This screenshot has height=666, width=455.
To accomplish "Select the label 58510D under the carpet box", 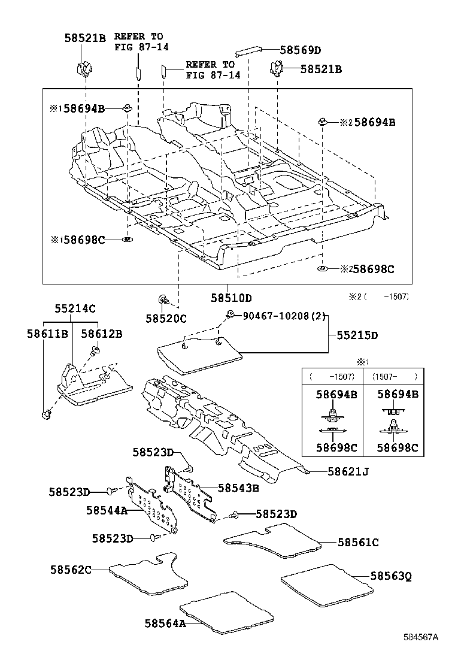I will tap(231, 298).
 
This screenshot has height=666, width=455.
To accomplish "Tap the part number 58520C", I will tap(166, 319).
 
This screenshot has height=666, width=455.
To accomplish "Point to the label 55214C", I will tap(75, 308).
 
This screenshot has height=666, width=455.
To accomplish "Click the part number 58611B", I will tap(46, 334).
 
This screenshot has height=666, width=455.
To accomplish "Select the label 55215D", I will tap(357, 335).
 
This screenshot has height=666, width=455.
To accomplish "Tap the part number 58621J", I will tap(348, 472).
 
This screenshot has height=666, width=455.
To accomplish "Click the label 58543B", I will tap(238, 488).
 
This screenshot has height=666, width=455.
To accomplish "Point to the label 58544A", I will tap(107, 510).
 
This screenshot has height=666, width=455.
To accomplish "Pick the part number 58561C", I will tap(358, 542).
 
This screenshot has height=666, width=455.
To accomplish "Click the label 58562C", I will tap(71, 570).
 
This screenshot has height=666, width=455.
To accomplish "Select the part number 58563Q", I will tap(390, 576).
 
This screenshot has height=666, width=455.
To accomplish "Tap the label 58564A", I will tap(165, 623).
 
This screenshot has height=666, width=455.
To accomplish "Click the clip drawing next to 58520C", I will tap(162, 299).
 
